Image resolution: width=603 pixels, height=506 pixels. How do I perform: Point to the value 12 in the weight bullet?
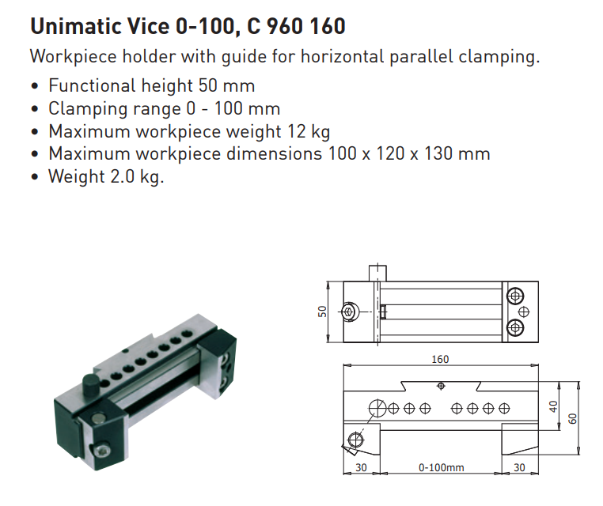coord(296,131)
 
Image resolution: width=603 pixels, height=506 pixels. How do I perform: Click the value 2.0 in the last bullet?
coord(123,176)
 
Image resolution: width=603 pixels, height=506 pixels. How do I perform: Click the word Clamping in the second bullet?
coord(87,109)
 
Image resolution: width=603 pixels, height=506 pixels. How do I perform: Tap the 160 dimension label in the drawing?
coord(440,359)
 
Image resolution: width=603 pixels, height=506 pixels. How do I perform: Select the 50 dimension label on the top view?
coord(322,312)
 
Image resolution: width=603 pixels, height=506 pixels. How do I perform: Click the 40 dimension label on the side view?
coord(553,406)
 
